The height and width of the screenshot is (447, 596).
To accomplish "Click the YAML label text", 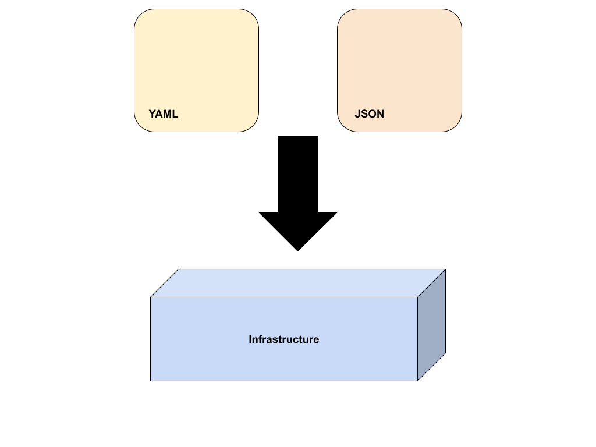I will (163, 114).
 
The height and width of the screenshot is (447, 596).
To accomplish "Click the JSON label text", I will (369, 114).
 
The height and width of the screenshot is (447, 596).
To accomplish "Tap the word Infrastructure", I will (283, 339).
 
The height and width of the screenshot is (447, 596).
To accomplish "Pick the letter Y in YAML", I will (152, 114).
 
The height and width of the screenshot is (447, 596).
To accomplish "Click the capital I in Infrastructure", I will (250, 339).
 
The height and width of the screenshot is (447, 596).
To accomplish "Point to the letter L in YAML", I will (175, 114).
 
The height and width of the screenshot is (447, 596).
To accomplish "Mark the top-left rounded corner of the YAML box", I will (140, 15).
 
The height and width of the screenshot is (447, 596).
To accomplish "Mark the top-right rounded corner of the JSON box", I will (456, 15).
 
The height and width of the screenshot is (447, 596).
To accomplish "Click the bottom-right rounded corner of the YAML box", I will (253, 126).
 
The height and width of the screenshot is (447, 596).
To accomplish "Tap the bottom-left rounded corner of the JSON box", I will (343, 126).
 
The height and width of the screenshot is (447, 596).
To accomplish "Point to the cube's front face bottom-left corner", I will (151, 381).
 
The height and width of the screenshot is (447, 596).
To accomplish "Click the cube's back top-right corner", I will (445, 269).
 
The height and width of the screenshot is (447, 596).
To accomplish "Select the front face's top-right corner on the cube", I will (417, 297).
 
